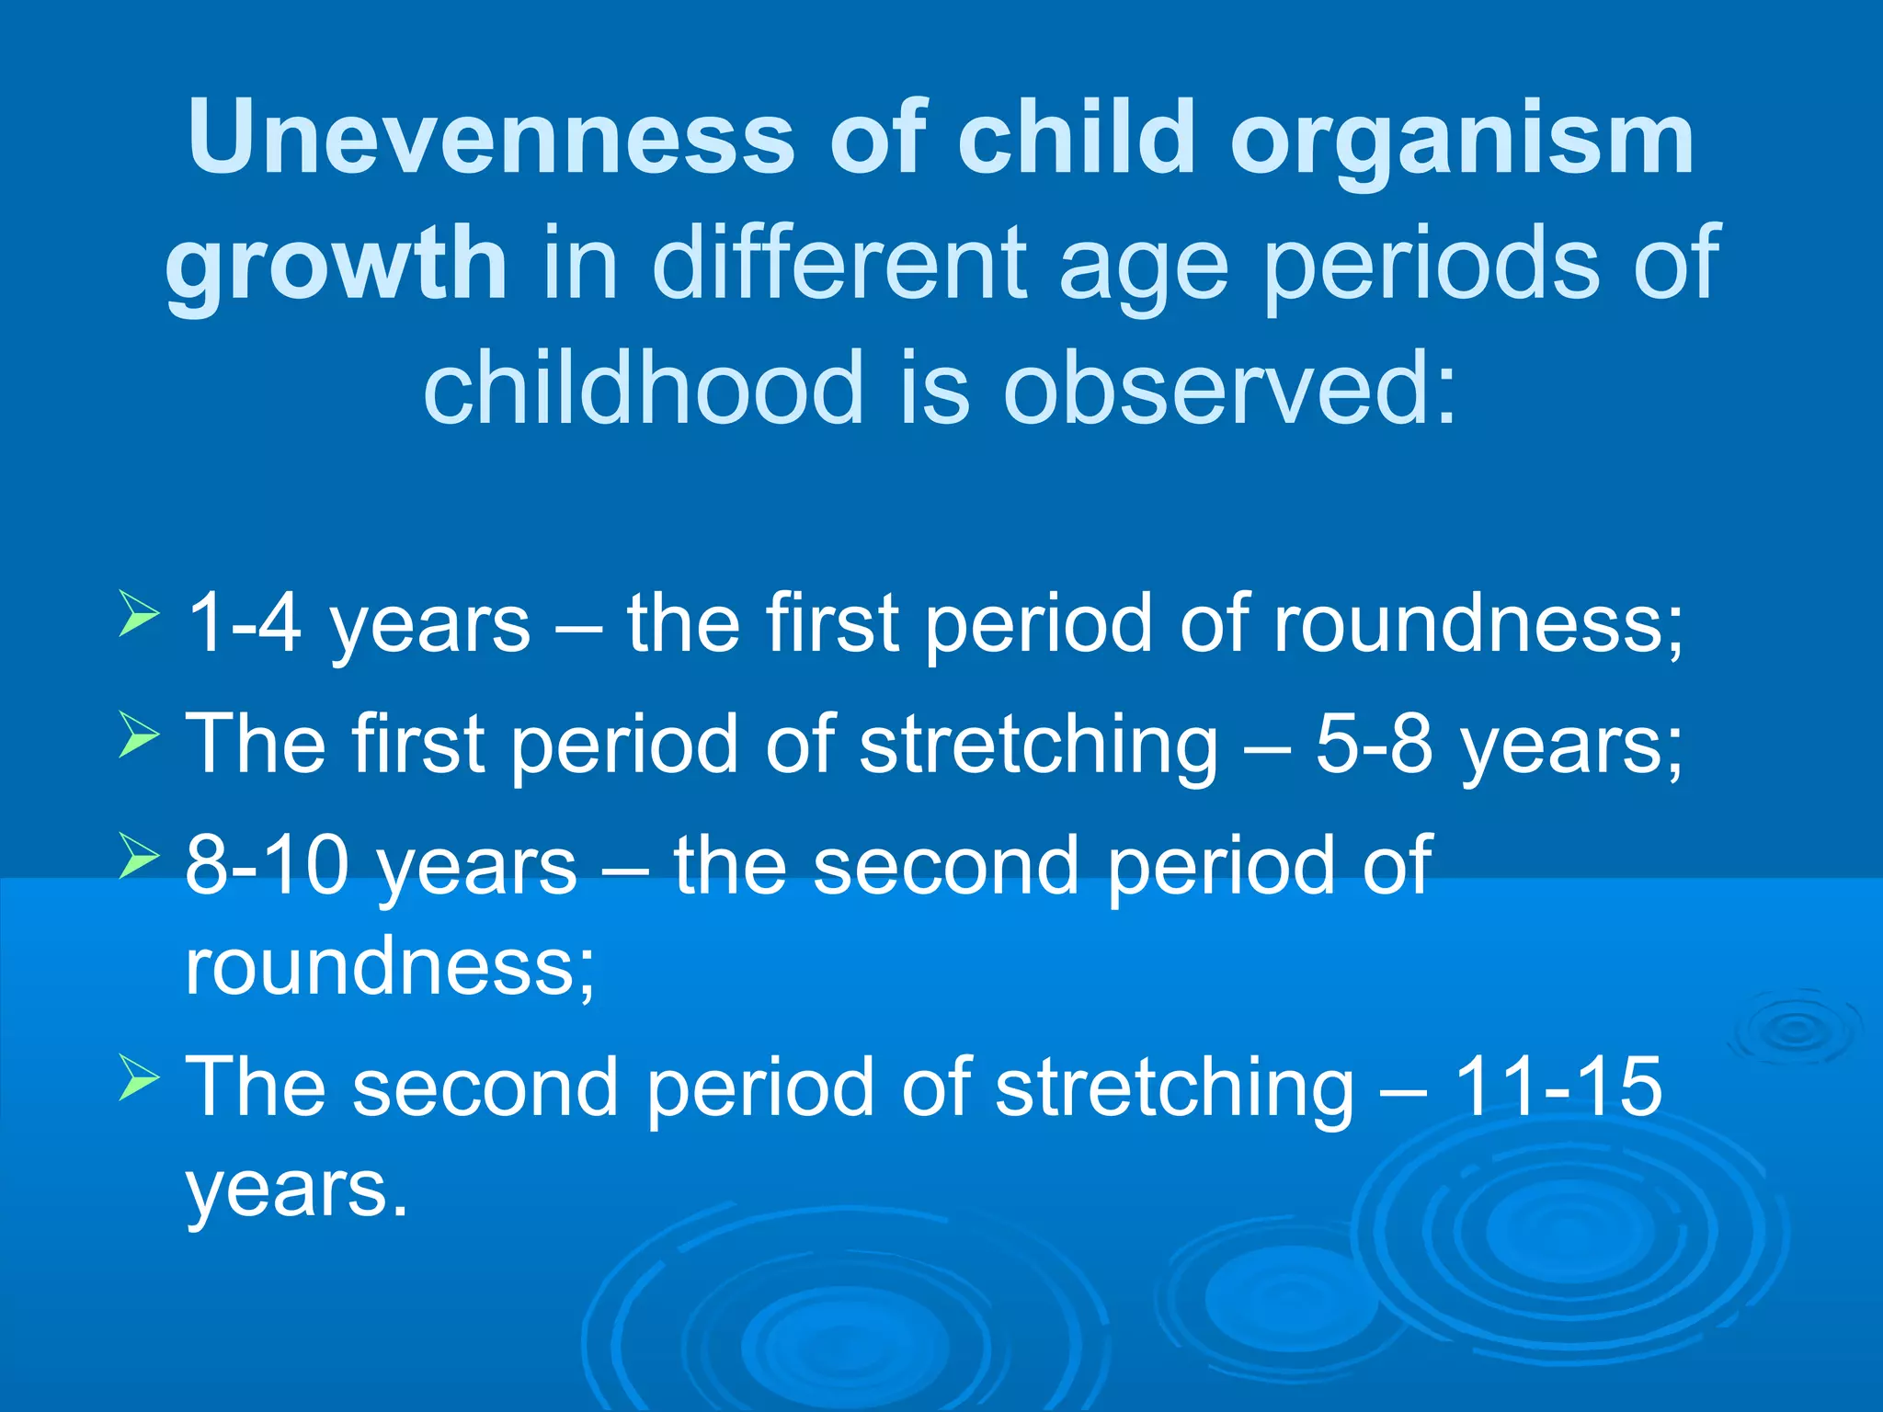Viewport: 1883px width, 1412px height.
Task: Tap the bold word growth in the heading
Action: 336,264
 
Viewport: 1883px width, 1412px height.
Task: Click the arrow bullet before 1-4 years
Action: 139,613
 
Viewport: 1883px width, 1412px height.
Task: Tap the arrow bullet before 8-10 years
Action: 139,854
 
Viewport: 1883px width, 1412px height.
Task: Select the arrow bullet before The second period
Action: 139,1077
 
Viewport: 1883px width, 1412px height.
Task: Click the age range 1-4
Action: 244,624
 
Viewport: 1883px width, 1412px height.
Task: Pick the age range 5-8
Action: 1374,745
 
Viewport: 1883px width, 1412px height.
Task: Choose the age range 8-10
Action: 267,866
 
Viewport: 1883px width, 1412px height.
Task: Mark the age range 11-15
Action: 1558,1087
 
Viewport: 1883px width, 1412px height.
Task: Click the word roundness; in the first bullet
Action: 1478,624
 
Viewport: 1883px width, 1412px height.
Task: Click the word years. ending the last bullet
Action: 296,1190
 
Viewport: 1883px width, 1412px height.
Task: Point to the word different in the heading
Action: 839,264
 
